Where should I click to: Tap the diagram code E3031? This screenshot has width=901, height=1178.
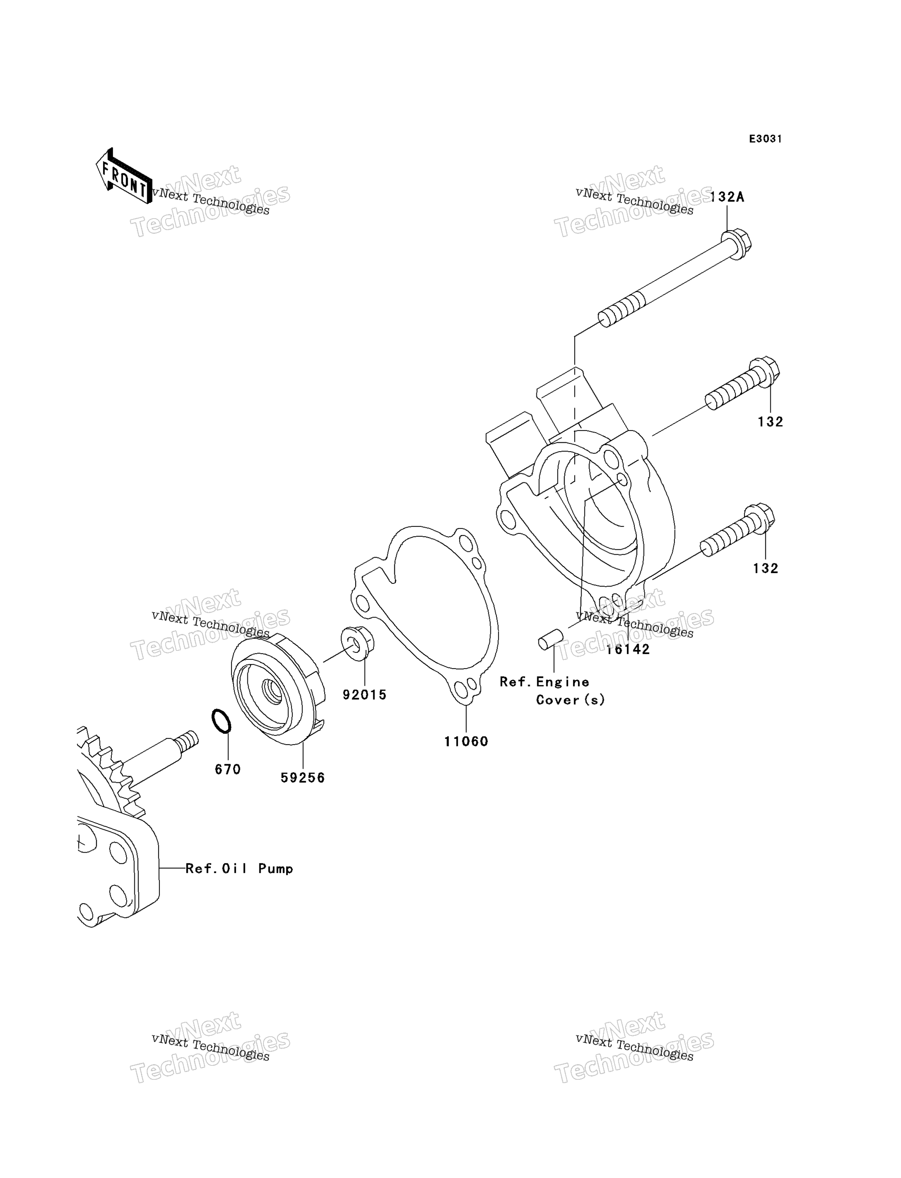click(765, 139)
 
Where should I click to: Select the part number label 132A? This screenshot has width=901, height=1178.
click(727, 197)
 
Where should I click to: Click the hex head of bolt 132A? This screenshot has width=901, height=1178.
click(736, 244)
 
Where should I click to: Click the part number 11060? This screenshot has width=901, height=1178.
click(466, 742)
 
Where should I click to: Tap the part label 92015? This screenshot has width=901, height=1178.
click(365, 695)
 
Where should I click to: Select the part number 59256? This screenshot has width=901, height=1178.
click(303, 778)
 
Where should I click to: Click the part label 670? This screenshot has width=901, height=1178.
click(228, 770)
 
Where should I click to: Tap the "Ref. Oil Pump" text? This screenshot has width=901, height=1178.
click(239, 869)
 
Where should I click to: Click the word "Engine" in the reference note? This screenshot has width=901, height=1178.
click(563, 682)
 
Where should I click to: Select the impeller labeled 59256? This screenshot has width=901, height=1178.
click(278, 689)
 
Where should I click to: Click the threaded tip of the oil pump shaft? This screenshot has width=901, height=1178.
click(189, 740)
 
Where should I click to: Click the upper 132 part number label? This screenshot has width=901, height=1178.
click(771, 422)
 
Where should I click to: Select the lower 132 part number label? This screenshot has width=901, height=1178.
click(766, 568)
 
